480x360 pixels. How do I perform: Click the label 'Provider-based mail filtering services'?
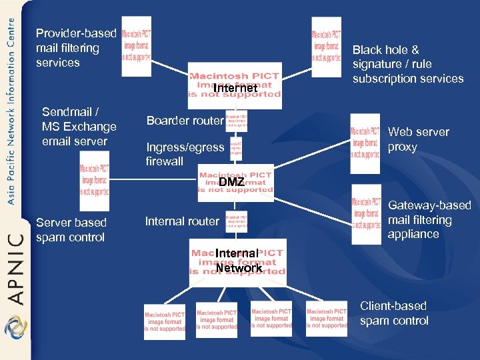click(75, 48)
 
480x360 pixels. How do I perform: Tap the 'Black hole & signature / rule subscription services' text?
click(407, 64)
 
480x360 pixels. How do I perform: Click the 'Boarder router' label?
click(185, 121)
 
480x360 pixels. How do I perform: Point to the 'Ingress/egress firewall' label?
click(185, 154)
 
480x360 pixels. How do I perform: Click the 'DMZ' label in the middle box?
click(231, 182)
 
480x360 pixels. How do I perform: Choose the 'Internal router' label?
click(181, 221)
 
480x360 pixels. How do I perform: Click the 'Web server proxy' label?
click(418, 139)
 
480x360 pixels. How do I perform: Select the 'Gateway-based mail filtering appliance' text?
click(429, 220)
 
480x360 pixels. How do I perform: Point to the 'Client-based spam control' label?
click(394, 313)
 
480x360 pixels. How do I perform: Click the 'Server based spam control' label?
click(71, 230)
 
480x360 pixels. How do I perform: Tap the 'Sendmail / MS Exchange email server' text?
click(79, 127)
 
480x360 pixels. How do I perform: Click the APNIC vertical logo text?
click(15, 266)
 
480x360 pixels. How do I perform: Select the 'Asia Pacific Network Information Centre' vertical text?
click(11, 110)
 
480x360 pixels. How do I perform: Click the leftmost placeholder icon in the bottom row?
click(165, 322)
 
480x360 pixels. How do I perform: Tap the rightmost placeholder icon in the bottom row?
click(327, 318)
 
